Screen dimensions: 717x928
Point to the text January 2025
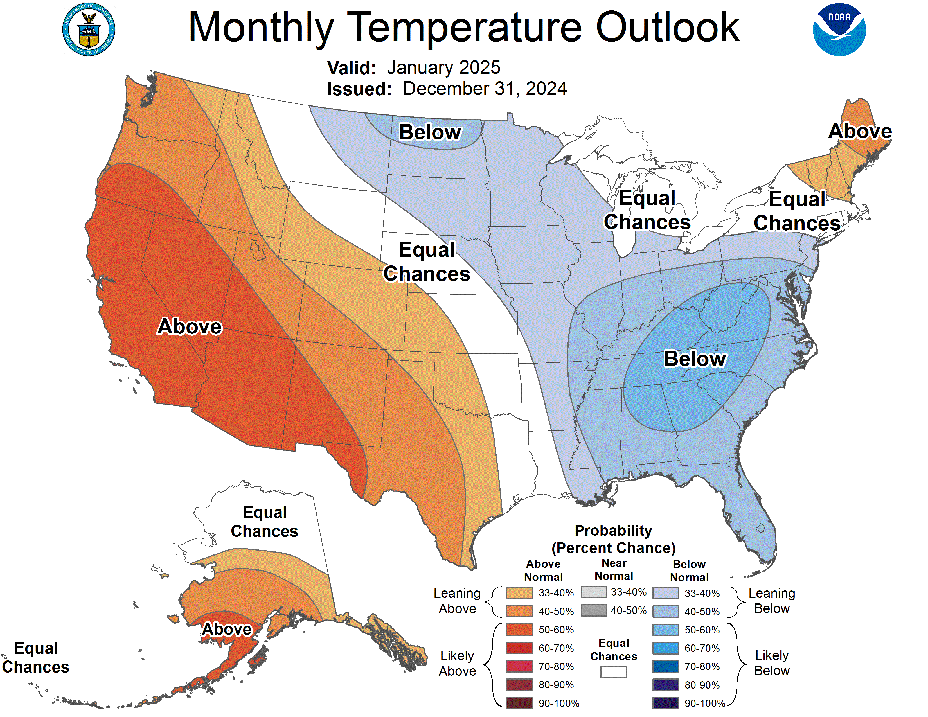tap(443, 67)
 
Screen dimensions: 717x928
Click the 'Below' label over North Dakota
tap(430, 132)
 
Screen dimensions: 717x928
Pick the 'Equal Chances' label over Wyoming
tap(427, 262)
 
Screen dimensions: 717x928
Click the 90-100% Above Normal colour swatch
tap(519, 703)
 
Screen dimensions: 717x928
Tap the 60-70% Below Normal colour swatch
tap(665, 648)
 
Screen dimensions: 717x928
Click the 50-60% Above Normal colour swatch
tap(519, 630)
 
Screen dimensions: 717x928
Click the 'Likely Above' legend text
tap(457, 663)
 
